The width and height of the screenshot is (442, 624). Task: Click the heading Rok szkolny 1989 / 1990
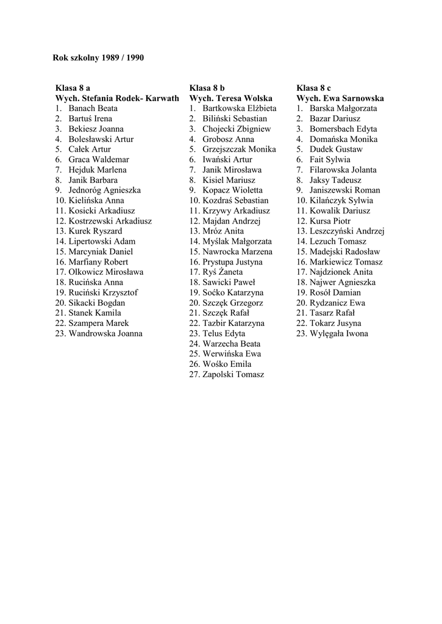99,58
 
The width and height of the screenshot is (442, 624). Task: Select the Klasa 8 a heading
73,88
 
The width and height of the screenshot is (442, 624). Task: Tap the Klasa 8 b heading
207,88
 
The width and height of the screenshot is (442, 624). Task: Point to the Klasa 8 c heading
314,88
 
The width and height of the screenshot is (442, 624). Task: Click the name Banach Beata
93,108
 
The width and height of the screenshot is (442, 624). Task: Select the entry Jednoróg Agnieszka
104,190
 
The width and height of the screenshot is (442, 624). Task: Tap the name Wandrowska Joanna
105,333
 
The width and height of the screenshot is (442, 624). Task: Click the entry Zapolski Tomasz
233,375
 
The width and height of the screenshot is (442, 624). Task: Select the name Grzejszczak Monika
239,149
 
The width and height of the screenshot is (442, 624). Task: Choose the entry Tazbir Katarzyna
233,324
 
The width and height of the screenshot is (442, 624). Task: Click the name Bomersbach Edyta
343,129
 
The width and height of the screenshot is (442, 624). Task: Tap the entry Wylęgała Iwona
338,333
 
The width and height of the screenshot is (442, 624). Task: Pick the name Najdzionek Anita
341,272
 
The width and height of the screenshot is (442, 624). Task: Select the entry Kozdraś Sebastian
235,200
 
